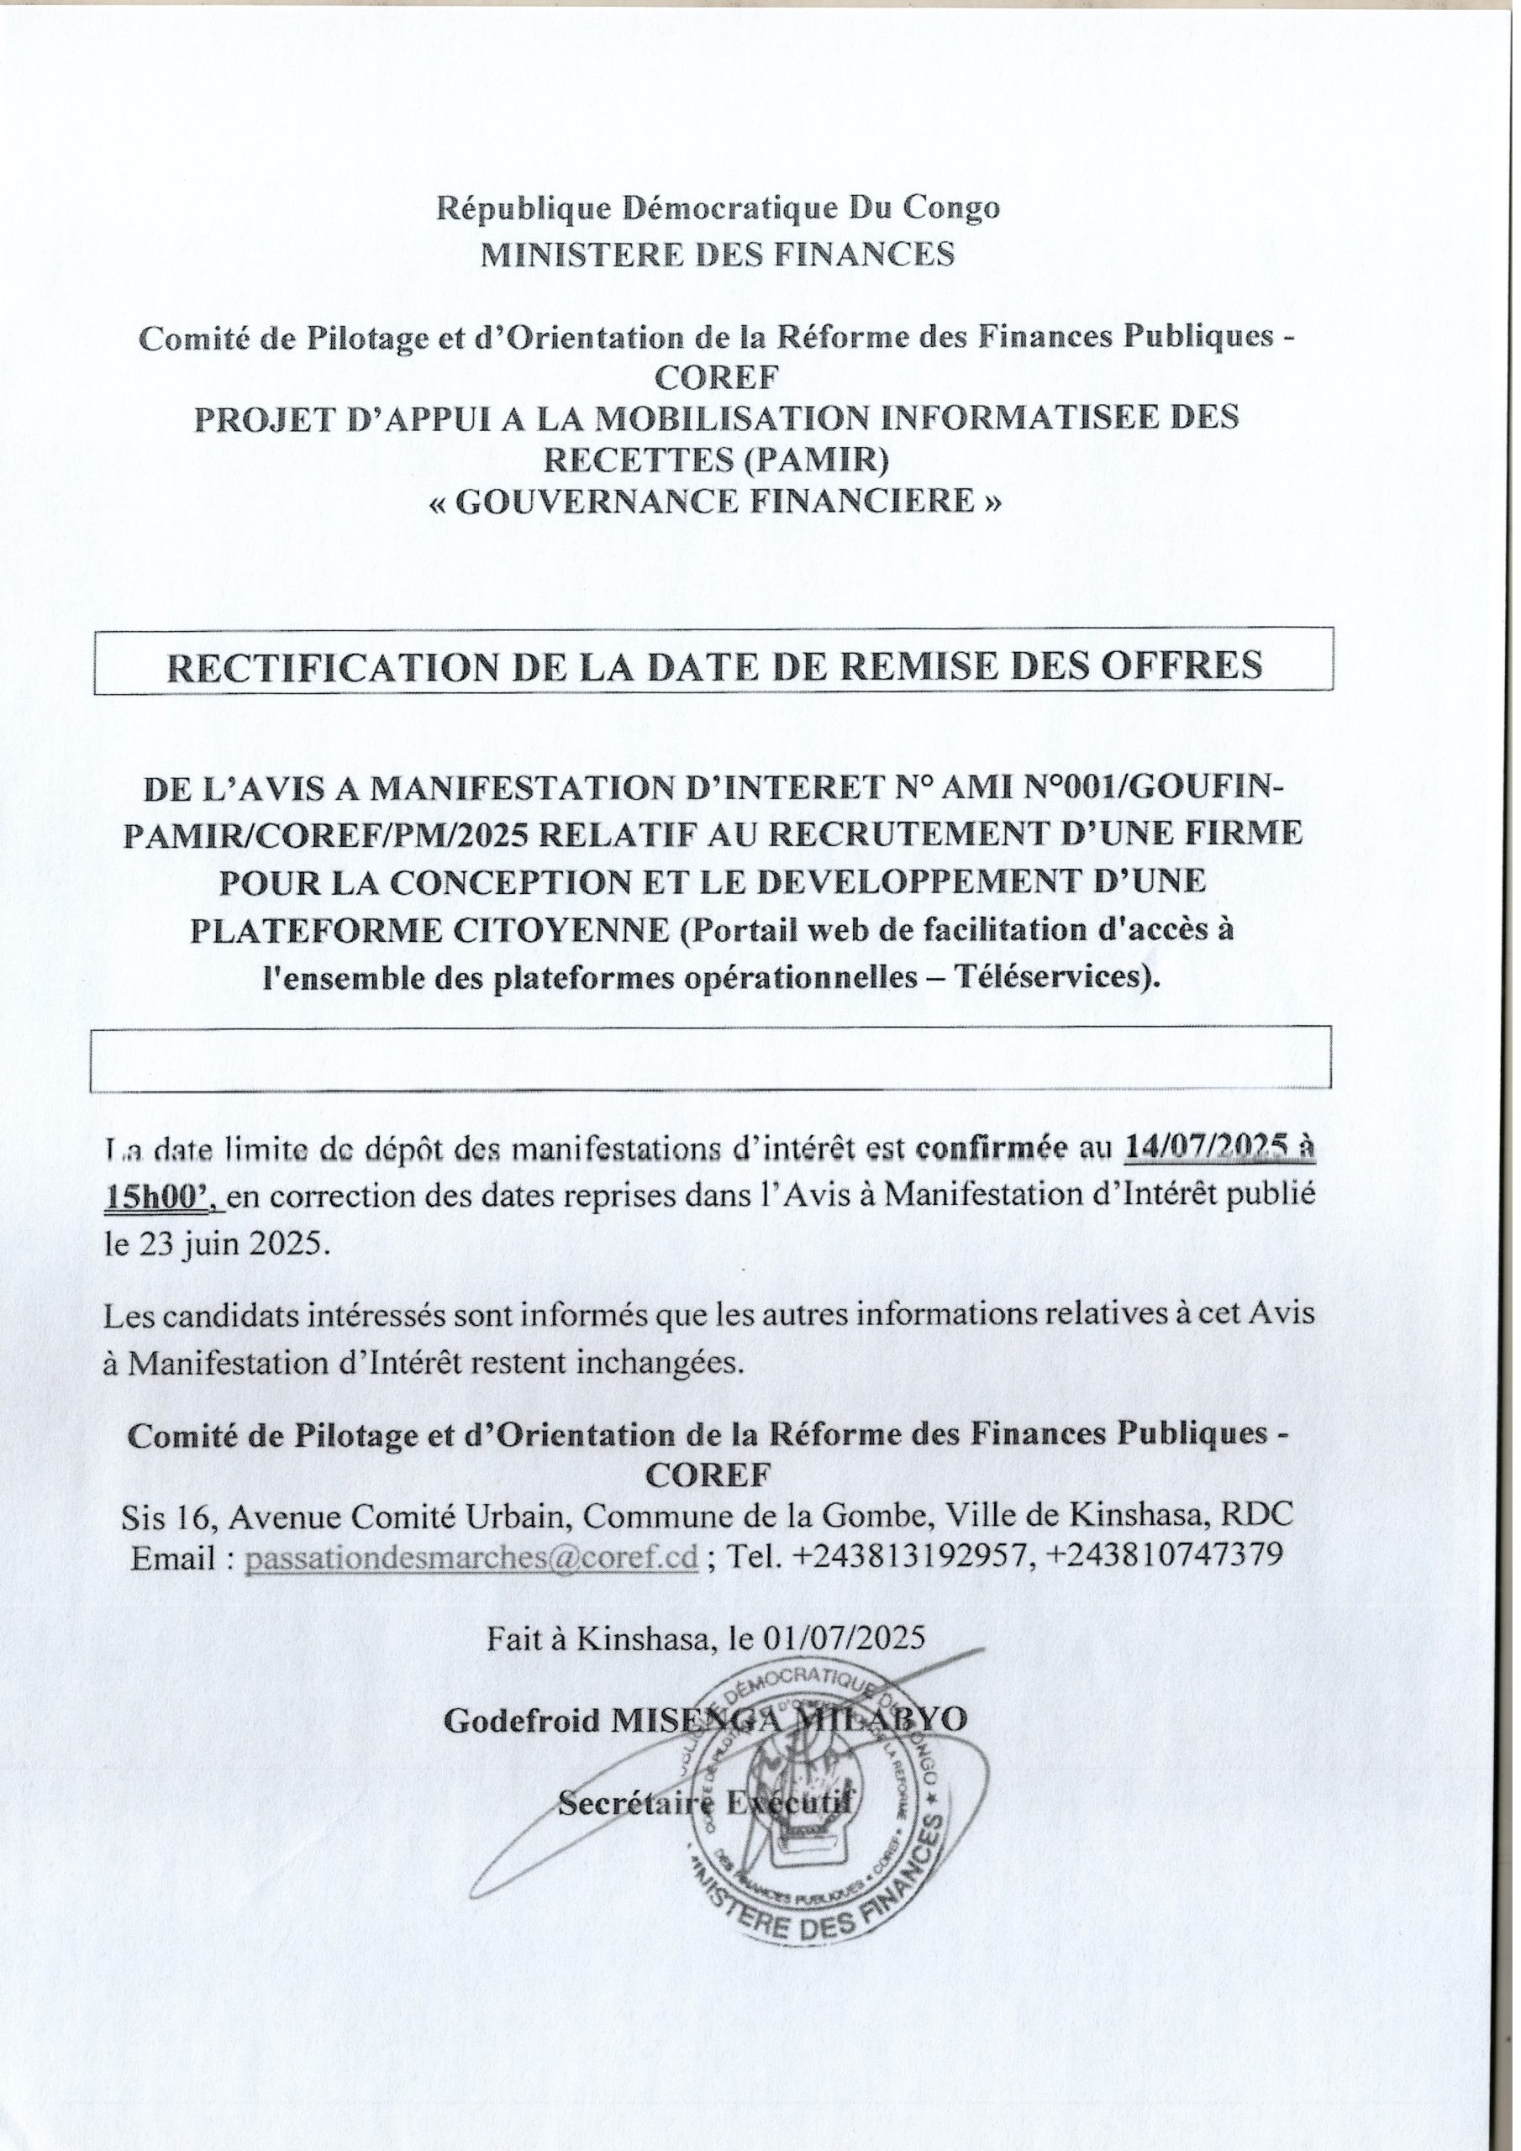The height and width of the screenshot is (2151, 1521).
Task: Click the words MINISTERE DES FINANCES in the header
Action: tap(718, 254)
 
